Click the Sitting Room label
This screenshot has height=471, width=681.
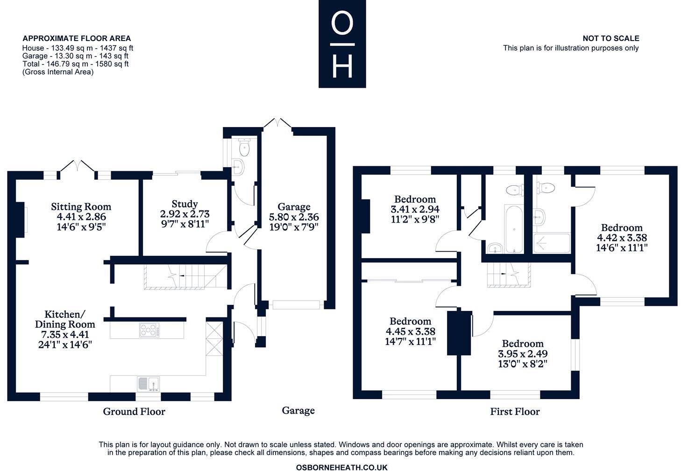[81, 206]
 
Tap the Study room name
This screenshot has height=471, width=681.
[184, 204]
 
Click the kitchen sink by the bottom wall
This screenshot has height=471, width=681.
[148, 384]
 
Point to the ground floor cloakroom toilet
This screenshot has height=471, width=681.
[243, 148]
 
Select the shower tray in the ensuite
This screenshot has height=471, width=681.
[552, 243]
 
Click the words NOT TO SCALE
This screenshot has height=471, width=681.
[610, 38]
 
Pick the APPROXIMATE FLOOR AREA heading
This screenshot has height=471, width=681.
[77, 38]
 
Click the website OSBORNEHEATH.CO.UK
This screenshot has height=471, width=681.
[341, 467]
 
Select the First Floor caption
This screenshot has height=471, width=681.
[515, 412]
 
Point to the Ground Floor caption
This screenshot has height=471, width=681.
[134, 411]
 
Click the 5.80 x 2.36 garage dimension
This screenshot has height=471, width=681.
[294, 217]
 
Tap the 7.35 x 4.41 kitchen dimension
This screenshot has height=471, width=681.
[65, 334]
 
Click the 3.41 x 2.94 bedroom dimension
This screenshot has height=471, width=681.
[415, 209]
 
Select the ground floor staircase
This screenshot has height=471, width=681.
[185, 276]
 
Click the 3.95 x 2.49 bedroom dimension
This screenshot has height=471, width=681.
[523, 354]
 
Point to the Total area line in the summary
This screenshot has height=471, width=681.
[75, 64]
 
